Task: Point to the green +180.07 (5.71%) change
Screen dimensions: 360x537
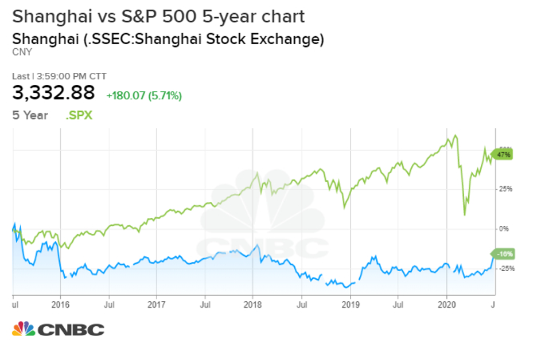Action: (144, 96)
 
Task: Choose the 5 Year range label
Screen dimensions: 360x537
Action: (31, 115)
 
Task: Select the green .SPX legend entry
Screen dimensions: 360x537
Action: (79, 115)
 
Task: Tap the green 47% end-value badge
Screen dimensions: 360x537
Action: (503, 154)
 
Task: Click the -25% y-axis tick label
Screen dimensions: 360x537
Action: (502, 268)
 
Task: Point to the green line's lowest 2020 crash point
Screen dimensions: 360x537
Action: (464, 214)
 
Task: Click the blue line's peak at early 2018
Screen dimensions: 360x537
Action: (258, 245)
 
